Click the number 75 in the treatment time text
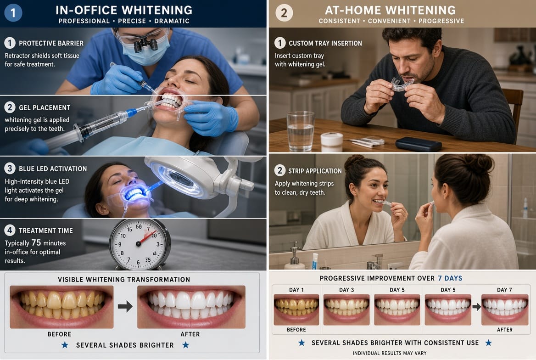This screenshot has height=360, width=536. click(36, 242)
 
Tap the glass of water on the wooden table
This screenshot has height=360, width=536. click(301, 131)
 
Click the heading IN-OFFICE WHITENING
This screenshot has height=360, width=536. click(124, 10)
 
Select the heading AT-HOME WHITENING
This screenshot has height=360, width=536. click(391, 10)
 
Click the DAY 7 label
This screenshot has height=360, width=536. click(504, 290)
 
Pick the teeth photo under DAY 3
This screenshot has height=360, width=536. click(346, 309)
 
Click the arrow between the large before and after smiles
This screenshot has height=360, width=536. click(125, 306)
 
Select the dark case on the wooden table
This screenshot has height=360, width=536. click(419, 144)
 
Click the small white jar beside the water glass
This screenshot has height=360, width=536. click(332, 141)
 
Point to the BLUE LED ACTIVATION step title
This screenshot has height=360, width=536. click(53, 169)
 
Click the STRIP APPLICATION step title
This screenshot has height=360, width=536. click(315, 171)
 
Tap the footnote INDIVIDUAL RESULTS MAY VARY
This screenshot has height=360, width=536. click(389, 353)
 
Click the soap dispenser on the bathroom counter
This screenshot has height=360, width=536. click(295, 257)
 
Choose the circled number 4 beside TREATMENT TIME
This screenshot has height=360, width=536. click(10, 230)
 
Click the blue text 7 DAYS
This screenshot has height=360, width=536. click(450, 278)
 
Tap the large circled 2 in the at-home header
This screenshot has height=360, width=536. click(284, 13)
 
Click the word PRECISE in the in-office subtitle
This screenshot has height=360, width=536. click(132, 21)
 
